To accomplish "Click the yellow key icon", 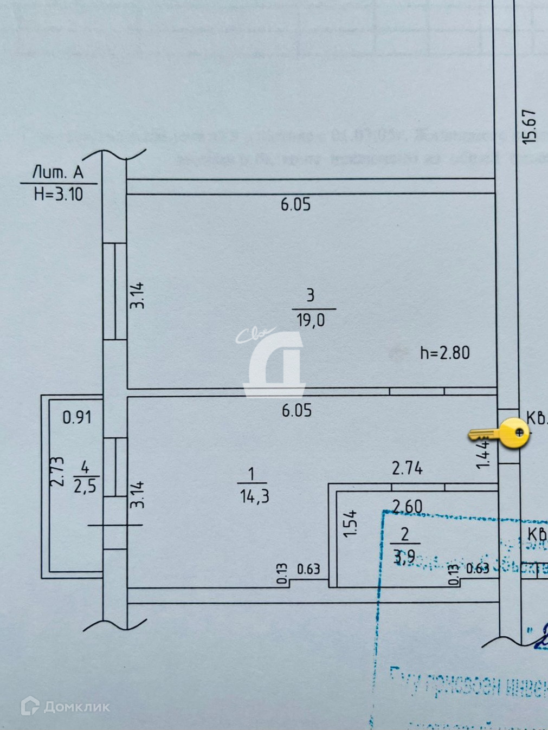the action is coord(499,434).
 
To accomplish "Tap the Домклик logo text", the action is coord(76,707).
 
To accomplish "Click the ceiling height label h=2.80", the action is coord(444,353).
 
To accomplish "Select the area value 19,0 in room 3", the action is coord(311,321).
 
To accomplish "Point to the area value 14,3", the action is coord(254,496).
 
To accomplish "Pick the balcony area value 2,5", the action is coord(85,486).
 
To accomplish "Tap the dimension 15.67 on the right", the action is coord(529,127).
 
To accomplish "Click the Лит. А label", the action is coord(58,173).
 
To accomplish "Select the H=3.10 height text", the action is coord(59,194).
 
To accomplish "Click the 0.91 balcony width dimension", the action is coord(77,417).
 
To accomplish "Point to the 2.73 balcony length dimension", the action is coord(57,471).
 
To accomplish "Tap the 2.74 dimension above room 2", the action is coord(407,468).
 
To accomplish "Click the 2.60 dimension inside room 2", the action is coord(407,507).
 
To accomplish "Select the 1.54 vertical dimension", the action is coord(351,522).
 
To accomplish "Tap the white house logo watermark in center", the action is coord(274,363).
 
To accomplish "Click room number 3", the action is coord(310,295).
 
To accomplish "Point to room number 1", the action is coord(251,475).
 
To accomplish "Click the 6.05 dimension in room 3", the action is coord(295,204).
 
